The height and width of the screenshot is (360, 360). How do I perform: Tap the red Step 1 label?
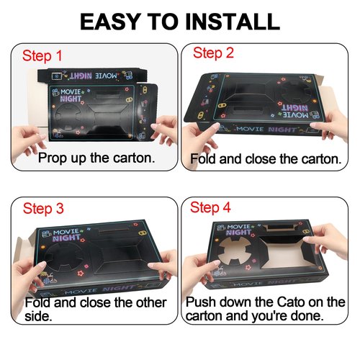42,55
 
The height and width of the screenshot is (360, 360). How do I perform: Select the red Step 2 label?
213,53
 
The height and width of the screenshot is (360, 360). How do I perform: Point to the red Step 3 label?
43,208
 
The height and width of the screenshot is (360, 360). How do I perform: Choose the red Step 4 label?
210,207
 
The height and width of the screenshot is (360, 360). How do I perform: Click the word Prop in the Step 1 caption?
51,158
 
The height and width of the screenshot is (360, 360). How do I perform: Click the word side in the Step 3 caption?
38,316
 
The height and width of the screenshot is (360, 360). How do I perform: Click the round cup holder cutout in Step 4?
235,251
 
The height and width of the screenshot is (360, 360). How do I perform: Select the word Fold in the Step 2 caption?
204,159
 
